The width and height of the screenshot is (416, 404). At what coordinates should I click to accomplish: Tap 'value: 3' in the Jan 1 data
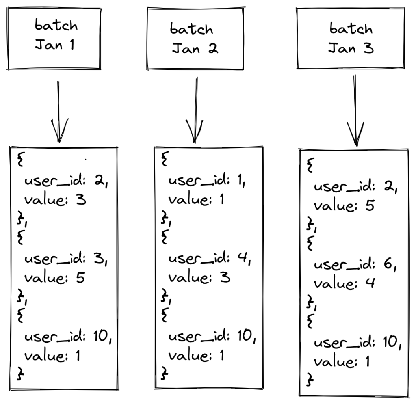tap(55, 200)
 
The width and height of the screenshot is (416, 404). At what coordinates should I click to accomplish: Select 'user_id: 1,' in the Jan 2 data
tap(207, 180)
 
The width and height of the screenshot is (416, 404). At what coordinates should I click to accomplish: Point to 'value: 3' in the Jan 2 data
tap(199, 278)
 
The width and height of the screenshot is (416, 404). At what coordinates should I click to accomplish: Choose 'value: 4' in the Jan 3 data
tap(344, 283)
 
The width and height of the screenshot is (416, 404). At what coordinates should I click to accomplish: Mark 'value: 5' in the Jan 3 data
tap(344, 205)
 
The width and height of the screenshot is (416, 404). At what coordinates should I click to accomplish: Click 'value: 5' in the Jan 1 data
tap(55, 278)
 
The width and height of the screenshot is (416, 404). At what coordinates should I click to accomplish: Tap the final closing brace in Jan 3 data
tap(310, 380)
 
